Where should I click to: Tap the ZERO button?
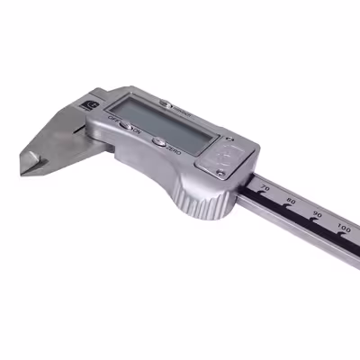click(158, 141)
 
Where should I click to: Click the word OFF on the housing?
click(113, 119)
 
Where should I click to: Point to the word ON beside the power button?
click(137, 131)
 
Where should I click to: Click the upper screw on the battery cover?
click(229, 140)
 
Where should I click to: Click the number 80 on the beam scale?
click(290, 202)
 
